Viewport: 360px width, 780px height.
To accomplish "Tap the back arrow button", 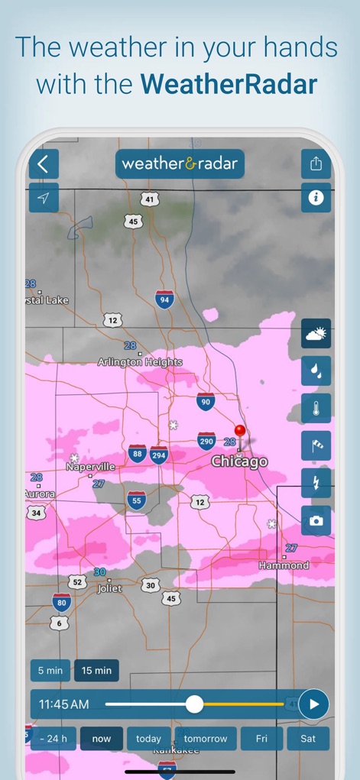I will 44,163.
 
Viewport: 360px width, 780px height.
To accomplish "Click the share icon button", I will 316,163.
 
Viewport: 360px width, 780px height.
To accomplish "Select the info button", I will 316,198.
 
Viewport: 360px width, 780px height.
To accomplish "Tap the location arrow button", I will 44,199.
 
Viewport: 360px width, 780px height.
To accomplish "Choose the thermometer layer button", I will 316,408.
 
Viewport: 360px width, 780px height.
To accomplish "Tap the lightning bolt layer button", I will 316,483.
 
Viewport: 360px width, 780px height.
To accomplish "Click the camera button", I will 316,520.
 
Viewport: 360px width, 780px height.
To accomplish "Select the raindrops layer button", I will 316,371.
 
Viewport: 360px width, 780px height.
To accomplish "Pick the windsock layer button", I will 316,445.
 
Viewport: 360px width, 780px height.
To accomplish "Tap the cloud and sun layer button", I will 316,334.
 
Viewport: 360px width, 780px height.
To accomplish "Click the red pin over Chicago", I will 240,433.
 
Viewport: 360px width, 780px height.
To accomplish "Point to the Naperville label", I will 90,466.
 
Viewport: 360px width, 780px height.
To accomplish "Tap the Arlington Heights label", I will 140,362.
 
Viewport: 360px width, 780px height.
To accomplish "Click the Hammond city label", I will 284,565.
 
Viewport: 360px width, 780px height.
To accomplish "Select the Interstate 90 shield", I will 205,401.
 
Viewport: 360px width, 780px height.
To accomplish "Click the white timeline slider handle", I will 195,704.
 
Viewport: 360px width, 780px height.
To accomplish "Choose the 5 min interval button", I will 50,671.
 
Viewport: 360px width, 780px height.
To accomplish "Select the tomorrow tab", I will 206,739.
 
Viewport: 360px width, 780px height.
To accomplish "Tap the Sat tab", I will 308,739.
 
